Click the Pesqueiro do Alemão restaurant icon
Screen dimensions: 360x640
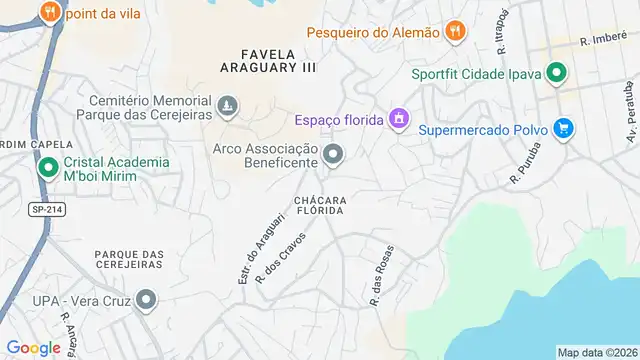tap(455, 31)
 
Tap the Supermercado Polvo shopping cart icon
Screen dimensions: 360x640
tap(564, 128)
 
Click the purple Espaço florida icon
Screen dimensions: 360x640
tap(399, 120)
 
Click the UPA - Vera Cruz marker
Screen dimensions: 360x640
tap(147, 299)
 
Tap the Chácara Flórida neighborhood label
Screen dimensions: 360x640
tap(320, 205)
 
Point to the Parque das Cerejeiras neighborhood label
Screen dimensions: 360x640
tap(129, 259)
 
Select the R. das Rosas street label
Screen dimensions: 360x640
tap(379, 275)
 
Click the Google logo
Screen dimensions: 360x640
tap(33, 347)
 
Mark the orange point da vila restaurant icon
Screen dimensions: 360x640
tap(48, 12)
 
